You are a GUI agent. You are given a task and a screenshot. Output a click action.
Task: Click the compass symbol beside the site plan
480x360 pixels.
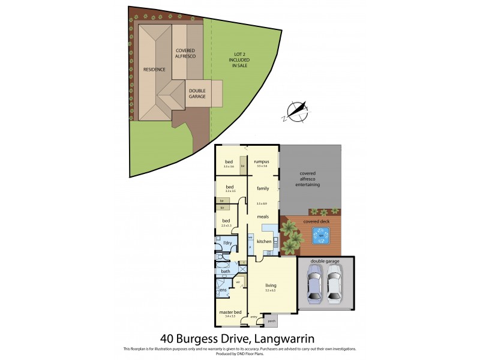[296, 111]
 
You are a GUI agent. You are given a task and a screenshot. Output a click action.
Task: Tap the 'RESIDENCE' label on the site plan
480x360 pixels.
[154, 70]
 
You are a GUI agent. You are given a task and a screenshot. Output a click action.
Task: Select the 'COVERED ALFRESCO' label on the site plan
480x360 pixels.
[185, 53]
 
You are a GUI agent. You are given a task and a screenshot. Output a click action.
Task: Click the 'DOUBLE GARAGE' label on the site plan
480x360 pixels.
[197, 94]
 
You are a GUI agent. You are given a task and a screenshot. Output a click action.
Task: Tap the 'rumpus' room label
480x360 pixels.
[261, 161]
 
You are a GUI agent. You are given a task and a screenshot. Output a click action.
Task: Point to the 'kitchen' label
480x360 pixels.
[264, 241]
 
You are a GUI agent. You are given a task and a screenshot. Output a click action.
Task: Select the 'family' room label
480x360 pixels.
[263, 188]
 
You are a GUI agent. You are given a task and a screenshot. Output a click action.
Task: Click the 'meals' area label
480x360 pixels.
[263, 216]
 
